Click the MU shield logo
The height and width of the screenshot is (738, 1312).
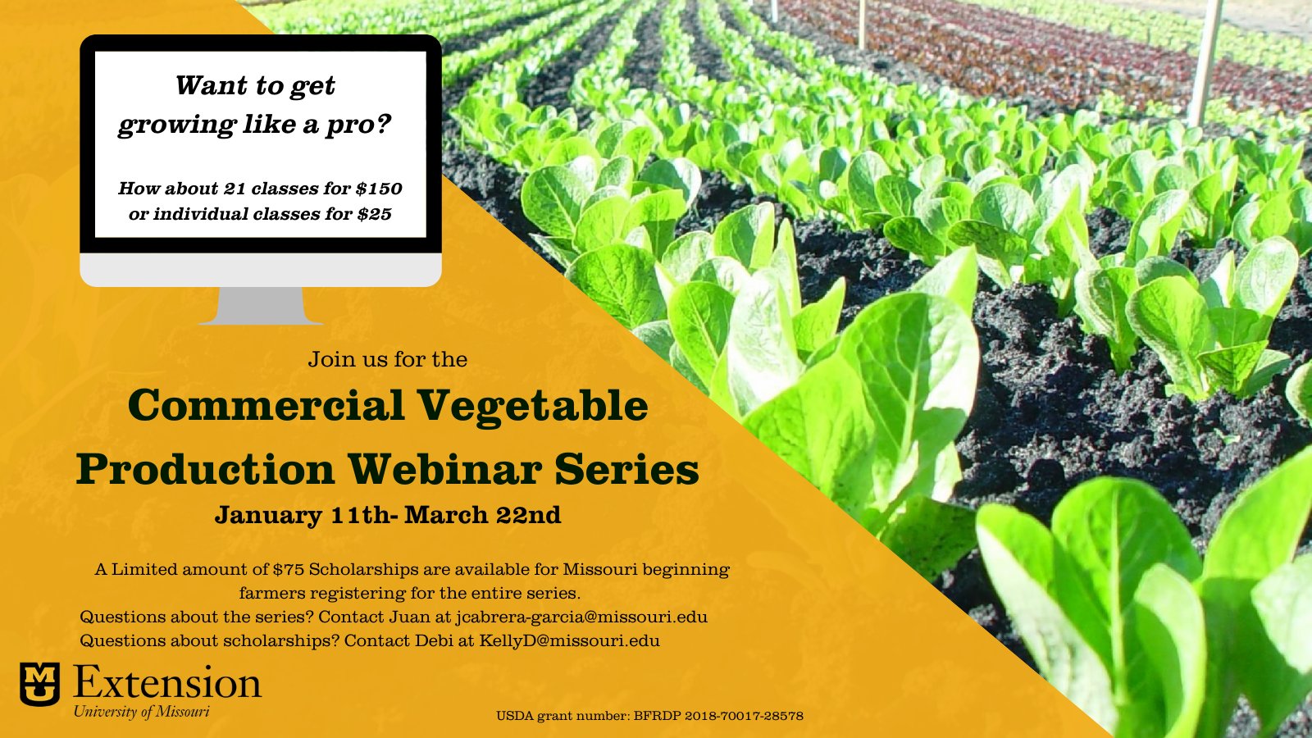[x=40, y=684]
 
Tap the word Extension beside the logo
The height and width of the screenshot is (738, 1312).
[x=167, y=683]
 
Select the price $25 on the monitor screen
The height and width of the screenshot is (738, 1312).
[x=374, y=214]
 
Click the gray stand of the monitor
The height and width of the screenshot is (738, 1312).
[x=261, y=305]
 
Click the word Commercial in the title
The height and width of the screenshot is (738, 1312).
[x=266, y=405]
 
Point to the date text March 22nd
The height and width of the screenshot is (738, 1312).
[x=483, y=515]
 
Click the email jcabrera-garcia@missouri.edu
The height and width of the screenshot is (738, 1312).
[x=581, y=617]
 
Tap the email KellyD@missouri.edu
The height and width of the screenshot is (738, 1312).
[x=569, y=640]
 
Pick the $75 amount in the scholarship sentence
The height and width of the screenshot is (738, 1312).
[x=288, y=569]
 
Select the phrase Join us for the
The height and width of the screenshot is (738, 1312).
[x=388, y=359]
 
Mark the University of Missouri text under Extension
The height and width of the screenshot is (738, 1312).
[x=141, y=713]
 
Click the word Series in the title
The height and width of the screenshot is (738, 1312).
[x=627, y=469]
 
